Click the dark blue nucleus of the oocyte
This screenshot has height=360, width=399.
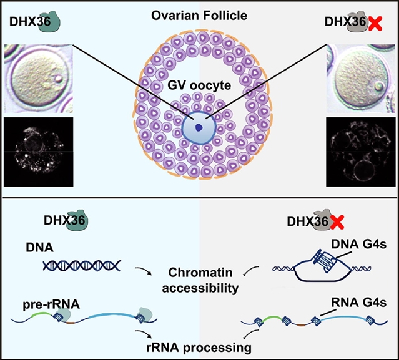click(199, 127)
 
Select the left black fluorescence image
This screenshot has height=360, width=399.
click(39, 149)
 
